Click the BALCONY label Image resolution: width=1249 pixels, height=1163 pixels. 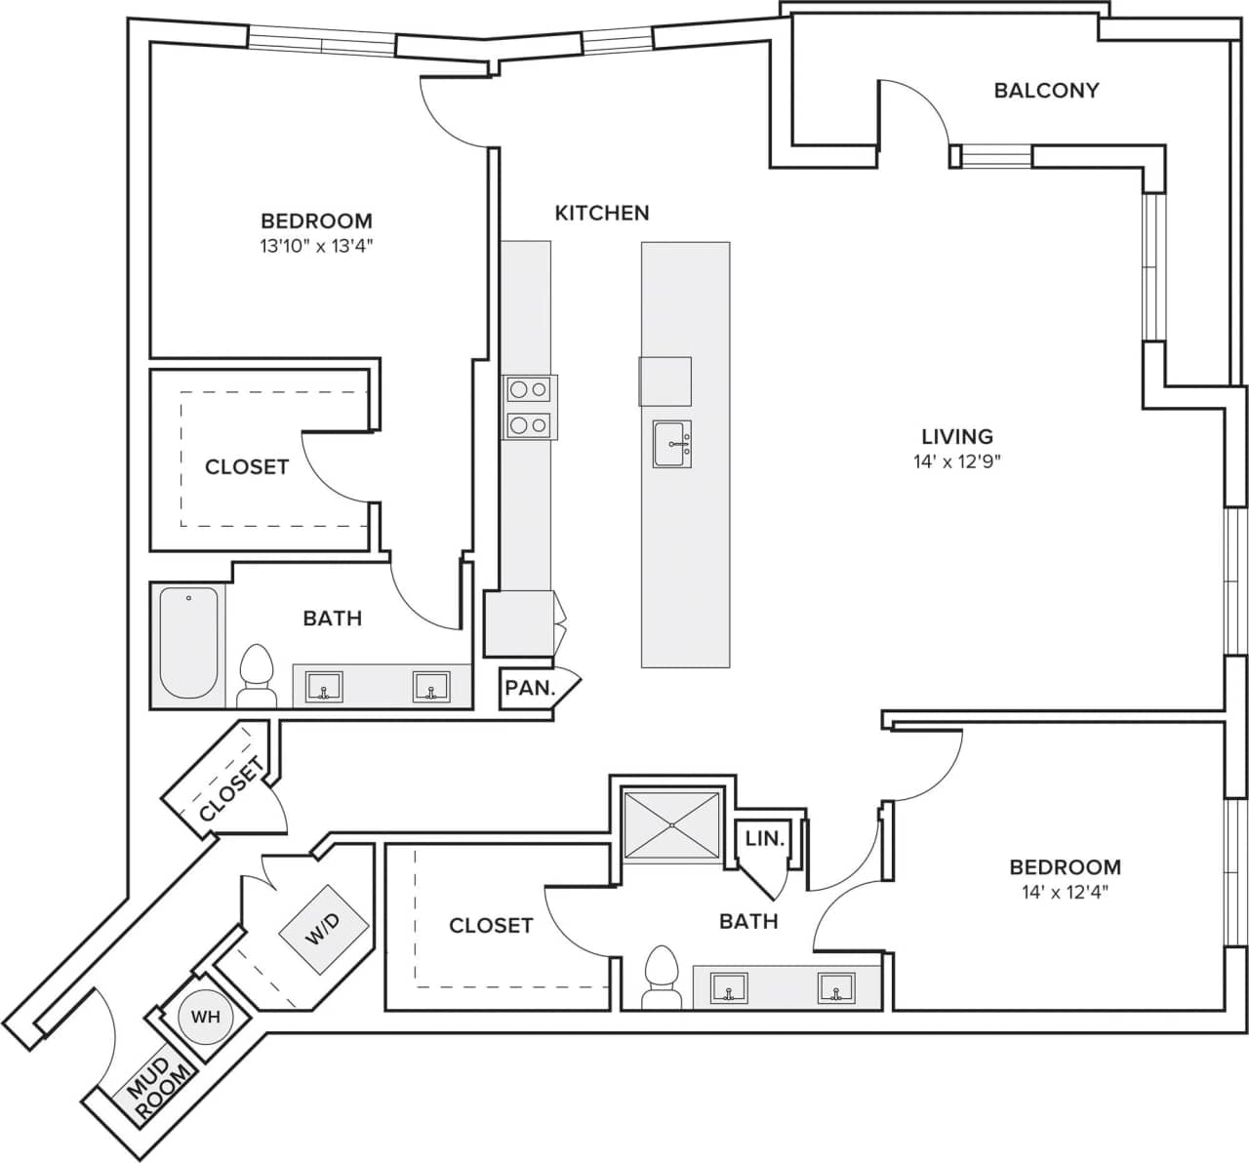(1046, 91)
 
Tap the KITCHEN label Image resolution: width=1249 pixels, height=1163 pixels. (602, 213)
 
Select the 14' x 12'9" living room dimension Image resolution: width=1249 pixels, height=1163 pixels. (957, 461)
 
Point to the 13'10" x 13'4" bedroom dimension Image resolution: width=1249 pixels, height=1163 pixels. (316, 247)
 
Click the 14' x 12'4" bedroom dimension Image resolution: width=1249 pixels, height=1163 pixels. (1065, 891)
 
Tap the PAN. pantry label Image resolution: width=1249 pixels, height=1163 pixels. (530, 688)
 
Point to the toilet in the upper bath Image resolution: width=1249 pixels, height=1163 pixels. (257, 675)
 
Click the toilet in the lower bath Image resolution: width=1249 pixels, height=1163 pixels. (663, 977)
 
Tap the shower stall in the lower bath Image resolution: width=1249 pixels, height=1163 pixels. (672, 825)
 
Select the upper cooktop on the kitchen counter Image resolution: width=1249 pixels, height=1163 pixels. (529, 390)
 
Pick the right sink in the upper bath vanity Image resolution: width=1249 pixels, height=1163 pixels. (429, 686)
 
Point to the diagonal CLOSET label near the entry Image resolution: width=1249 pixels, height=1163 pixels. (230, 789)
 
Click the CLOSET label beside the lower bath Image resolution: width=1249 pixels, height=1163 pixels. (491, 925)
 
